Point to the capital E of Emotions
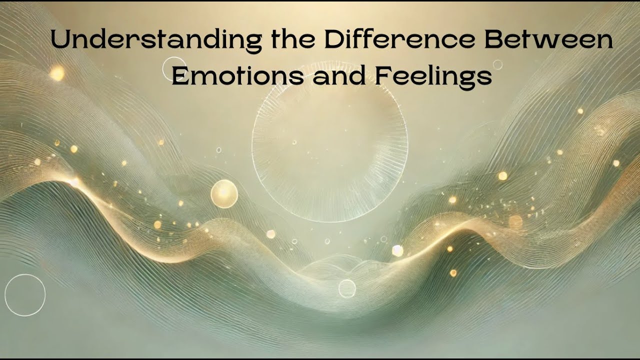pyautogui.click(x=179, y=76)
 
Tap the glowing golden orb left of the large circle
pyautogui.click(x=224, y=194)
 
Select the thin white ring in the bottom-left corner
pyautogui.click(x=25, y=295)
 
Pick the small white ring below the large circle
pyautogui.click(x=347, y=288)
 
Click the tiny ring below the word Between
pyautogui.click(x=497, y=64)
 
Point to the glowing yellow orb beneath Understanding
pyautogui.click(x=56, y=73)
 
